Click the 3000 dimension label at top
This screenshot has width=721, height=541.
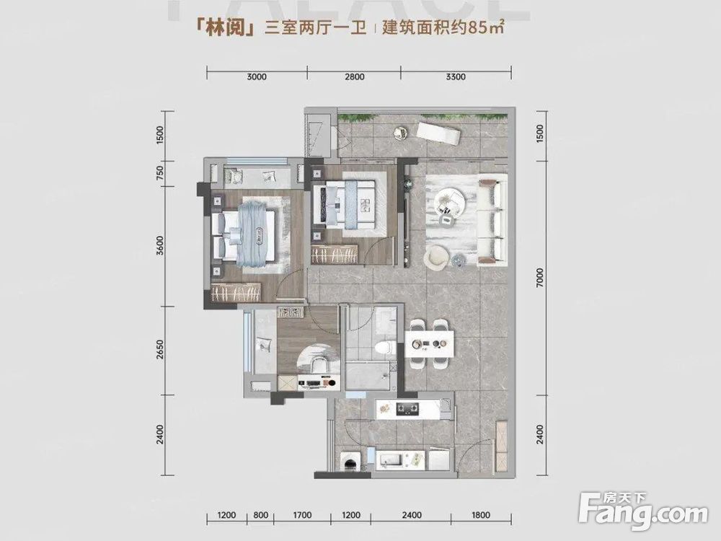click(256, 76)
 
